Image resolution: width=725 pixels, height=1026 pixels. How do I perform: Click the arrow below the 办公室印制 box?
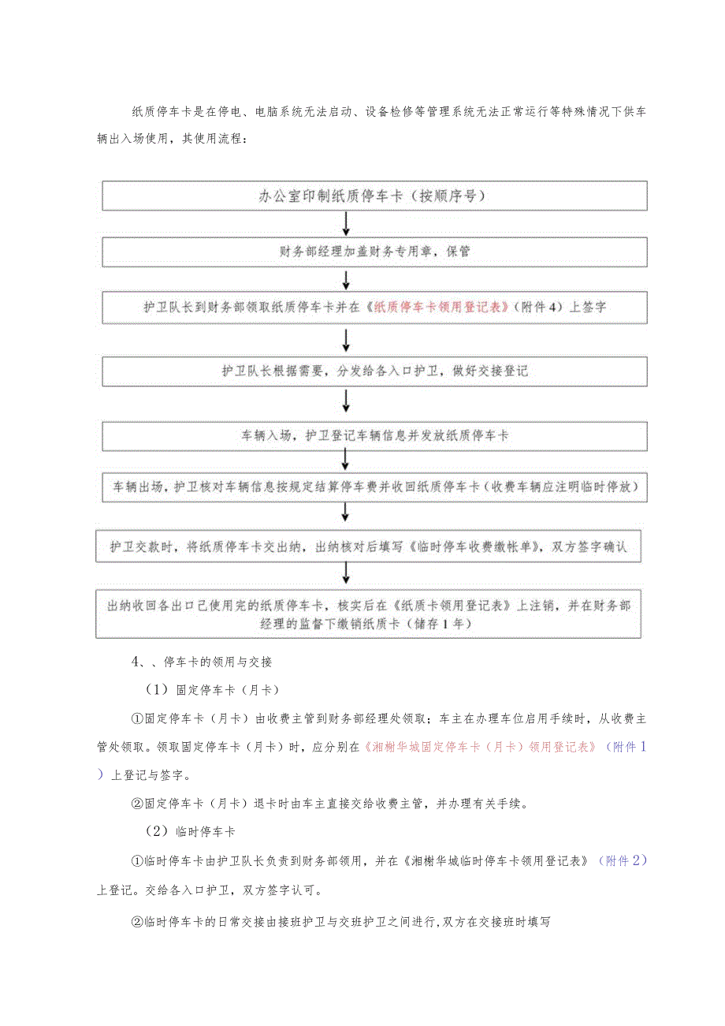click(x=347, y=224)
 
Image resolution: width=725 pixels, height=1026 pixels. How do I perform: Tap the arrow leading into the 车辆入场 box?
click(x=347, y=403)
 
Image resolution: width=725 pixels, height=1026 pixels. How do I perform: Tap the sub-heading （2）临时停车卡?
click(x=190, y=832)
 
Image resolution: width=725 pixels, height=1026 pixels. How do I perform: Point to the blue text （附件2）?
click(x=623, y=861)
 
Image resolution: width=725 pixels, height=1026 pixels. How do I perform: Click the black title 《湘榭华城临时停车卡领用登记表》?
click(x=500, y=861)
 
